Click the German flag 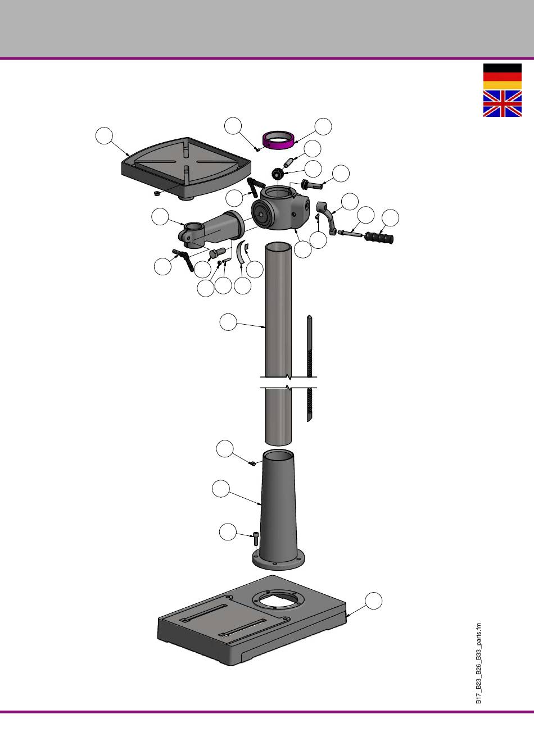click(x=503, y=76)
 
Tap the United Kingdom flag click(x=503, y=103)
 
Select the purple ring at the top click(x=279, y=139)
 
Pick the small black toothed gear click(x=277, y=175)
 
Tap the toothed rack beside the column click(x=310, y=369)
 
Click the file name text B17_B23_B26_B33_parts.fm click(x=478, y=663)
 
